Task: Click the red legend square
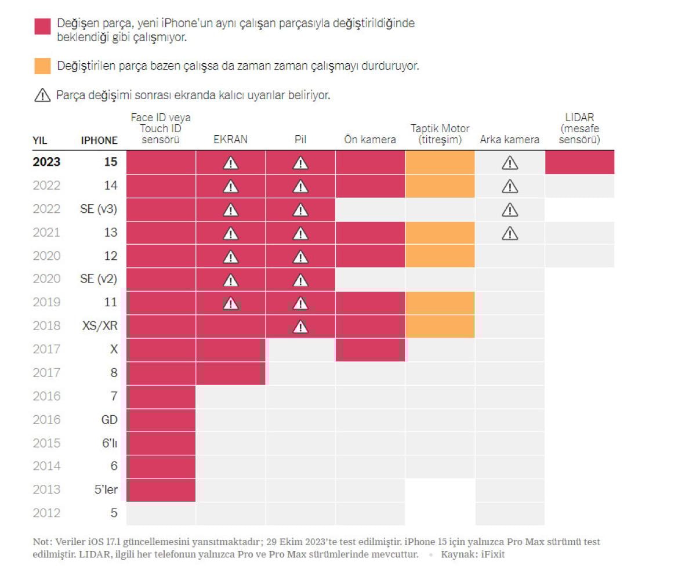click(x=42, y=26)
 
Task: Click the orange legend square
click(x=42, y=66)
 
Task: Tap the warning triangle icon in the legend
click(x=42, y=96)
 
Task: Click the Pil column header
click(x=300, y=140)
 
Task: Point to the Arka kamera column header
click(x=509, y=140)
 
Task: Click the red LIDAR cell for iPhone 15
click(x=579, y=162)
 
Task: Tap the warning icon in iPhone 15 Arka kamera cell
click(x=509, y=163)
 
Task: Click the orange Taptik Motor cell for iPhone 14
click(x=440, y=186)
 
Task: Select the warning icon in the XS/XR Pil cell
click(x=300, y=327)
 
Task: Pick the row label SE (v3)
click(x=99, y=209)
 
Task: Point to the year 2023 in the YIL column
click(x=46, y=162)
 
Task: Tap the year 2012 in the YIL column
click(x=46, y=513)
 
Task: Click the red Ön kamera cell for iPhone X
click(x=370, y=350)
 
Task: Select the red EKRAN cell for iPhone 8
click(x=230, y=373)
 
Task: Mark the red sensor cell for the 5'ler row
click(x=161, y=489)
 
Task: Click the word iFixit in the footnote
click(x=492, y=554)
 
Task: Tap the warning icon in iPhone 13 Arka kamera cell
click(x=509, y=233)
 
